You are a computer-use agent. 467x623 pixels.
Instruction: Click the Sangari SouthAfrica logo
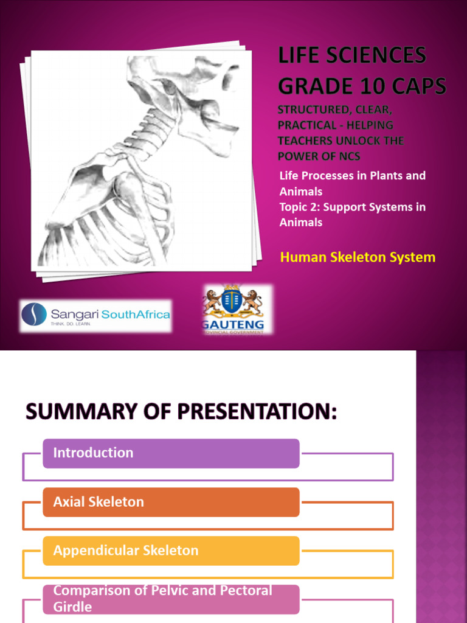pyautogui.click(x=95, y=315)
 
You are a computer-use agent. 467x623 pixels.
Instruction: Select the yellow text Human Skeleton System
pyautogui.click(x=358, y=257)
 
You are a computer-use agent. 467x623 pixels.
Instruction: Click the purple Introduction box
pyautogui.click(x=171, y=453)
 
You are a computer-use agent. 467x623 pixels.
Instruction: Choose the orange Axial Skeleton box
pyautogui.click(x=171, y=502)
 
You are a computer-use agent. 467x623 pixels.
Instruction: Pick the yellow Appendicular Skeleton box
pyautogui.click(x=171, y=551)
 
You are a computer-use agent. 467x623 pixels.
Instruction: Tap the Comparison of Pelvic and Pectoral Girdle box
pyautogui.click(x=171, y=599)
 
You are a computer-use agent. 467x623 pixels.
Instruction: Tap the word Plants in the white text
pyautogui.click(x=386, y=176)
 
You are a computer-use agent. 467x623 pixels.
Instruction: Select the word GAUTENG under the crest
pyautogui.click(x=233, y=325)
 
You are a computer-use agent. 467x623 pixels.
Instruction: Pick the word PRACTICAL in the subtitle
pyautogui.click(x=308, y=125)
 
